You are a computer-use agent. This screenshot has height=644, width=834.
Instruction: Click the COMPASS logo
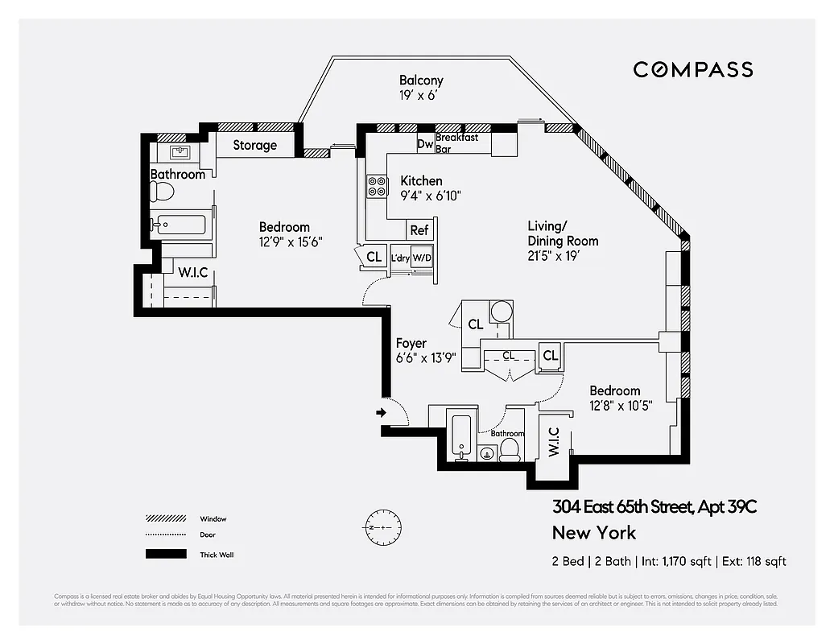[x=692, y=69]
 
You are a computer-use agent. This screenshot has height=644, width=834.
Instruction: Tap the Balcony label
[x=421, y=80]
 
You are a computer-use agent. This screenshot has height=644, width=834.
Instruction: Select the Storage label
[x=254, y=146]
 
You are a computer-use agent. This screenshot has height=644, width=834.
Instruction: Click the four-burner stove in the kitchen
[x=377, y=186]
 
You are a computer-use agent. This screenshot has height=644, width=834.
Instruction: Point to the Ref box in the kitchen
[x=419, y=230]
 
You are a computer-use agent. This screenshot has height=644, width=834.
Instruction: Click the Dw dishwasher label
[x=425, y=145]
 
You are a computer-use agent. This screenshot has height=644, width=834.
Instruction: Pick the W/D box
[x=423, y=258]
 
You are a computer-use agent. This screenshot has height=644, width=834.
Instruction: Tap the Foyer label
[x=411, y=344]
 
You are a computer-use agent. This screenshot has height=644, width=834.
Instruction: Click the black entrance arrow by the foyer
[x=381, y=414]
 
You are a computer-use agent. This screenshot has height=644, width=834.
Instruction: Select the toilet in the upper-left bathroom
[x=163, y=192]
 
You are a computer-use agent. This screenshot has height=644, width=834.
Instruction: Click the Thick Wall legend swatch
[x=165, y=554]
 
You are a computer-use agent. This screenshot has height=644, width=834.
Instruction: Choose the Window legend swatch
[x=165, y=519]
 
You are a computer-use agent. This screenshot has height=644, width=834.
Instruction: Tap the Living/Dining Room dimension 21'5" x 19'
[x=554, y=256]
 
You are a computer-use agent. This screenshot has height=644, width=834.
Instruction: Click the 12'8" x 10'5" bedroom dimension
[x=621, y=406]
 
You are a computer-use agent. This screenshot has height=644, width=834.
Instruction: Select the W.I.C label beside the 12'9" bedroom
[x=193, y=273]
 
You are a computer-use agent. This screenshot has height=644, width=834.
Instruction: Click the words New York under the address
[x=593, y=533]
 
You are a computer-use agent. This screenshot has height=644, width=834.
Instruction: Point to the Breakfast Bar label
[x=456, y=143]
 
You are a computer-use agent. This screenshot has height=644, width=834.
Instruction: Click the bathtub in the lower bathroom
[x=460, y=436]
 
